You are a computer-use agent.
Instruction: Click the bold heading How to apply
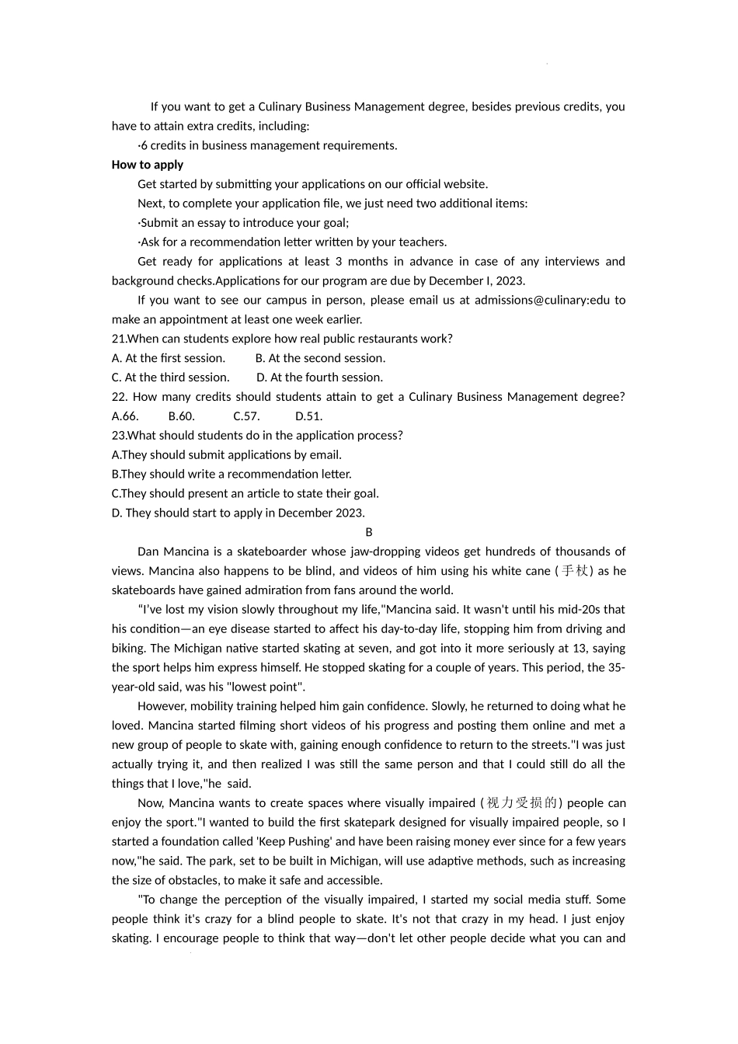[148, 165]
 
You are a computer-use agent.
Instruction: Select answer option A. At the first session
[169, 358]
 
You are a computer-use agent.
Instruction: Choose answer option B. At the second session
[320, 358]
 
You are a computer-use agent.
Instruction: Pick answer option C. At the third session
[171, 378]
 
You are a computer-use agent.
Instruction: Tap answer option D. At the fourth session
[319, 378]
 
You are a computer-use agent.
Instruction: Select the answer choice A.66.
[125, 416]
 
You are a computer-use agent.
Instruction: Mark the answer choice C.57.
[246, 416]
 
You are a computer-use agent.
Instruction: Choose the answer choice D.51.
[308, 416]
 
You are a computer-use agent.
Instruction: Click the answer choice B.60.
[181, 416]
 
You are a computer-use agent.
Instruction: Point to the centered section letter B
[369, 532]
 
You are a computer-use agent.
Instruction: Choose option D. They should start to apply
[238, 513]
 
